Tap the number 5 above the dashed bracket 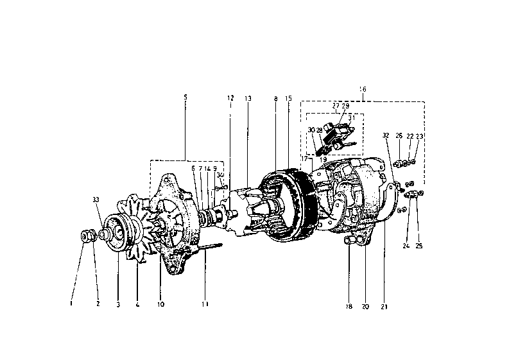tap(185, 97)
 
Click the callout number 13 tap(248, 98)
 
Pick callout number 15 tap(289, 98)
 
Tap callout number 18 tap(350, 306)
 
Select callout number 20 tap(366, 306)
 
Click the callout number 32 tap(385, 136)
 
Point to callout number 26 tap(399, 136)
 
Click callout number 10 tap(160, 304)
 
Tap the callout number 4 tap(137, 304)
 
